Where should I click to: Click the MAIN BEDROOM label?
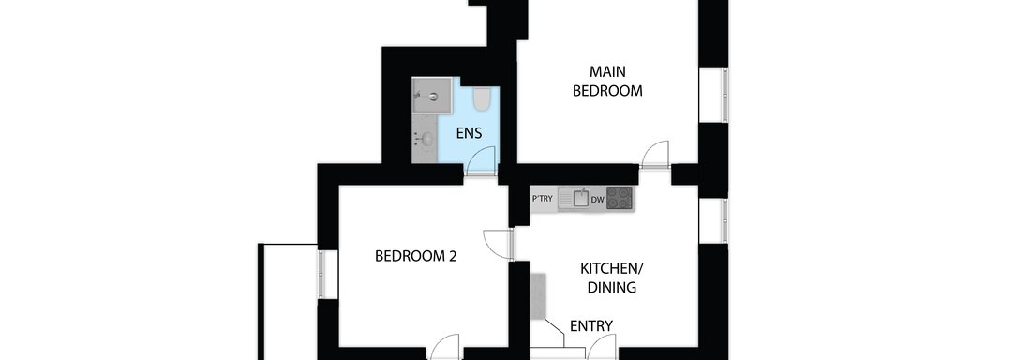click(607, 81)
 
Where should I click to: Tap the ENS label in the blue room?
click(469, 134)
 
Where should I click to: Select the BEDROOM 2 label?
click(415, 256)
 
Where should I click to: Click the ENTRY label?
click(591, 325)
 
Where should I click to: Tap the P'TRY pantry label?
click(543, 199)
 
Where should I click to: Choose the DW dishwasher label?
click(597, 199)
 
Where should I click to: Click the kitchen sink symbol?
click(573, 199)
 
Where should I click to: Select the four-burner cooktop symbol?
click(620, 198)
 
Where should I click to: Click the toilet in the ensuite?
click(482, 99)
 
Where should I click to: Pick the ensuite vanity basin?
click(426, 140)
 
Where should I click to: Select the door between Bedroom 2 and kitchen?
click(497, 244)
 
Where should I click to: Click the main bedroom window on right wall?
click(725, 95)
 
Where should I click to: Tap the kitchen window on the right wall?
click(725, 221)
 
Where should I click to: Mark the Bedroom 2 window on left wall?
click(321, 273)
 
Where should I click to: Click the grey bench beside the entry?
click(538, 296)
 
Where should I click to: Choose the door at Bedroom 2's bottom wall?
click(445, 347)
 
